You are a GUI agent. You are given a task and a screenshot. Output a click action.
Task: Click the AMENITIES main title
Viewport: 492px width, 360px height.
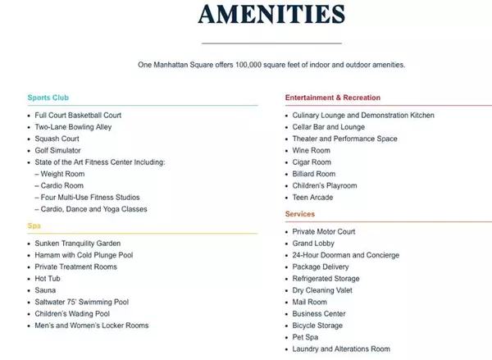pos(271,16)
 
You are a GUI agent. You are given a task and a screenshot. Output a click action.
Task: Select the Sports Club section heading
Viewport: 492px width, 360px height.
pos(48,98)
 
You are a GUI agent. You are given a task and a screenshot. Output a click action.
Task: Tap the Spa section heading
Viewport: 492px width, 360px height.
pos(34,226)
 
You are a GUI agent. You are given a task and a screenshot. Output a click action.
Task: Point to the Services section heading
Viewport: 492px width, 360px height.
pos(300,214)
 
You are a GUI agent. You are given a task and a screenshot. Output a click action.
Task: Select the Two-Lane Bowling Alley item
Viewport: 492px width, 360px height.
pos(73,127)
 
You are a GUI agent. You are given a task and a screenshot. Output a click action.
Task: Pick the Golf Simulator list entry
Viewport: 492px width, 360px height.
pos(57,151)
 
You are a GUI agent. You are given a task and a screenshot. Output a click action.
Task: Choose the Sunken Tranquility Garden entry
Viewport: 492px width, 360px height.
pos(78,244)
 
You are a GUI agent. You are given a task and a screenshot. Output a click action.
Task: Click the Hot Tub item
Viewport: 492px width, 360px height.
pos(48,279)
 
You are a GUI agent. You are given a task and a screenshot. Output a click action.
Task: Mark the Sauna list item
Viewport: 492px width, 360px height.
pos(45,290)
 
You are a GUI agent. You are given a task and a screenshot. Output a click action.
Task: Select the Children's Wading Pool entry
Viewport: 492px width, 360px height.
pos(72,314)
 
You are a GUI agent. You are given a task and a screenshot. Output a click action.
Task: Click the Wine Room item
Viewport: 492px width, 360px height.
pos(312,151)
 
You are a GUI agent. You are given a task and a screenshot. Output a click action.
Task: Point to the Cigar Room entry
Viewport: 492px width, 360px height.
pos(312,162)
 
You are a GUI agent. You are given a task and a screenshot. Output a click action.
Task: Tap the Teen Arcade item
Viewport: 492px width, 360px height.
pos(314,198)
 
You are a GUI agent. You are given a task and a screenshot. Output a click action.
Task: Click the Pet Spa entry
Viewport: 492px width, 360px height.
pos(307,337)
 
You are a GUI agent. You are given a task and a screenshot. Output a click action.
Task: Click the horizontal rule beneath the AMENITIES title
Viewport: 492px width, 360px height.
pos(271,43)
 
